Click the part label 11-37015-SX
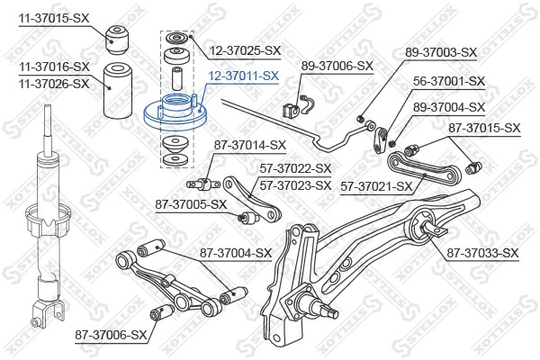pos(54,18)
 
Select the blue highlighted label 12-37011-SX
pos(244,76)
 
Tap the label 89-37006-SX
pos(337,66)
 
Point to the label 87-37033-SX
pos(482,253)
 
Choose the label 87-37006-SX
pos(111,335)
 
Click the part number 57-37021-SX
pos(376,186)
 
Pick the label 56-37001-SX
pos(449,81)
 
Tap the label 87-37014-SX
pos(250,145)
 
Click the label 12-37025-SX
pos(245,51)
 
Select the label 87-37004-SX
pos(236,253)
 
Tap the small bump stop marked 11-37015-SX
pos(116,40)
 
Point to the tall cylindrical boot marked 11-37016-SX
pos(118,90)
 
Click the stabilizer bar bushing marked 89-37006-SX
pos(290,111)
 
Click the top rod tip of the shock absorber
pos(49,107)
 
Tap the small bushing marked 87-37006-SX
pos(162,311)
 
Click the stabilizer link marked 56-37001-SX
pos(380,140)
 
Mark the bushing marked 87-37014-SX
pos(203,184)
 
